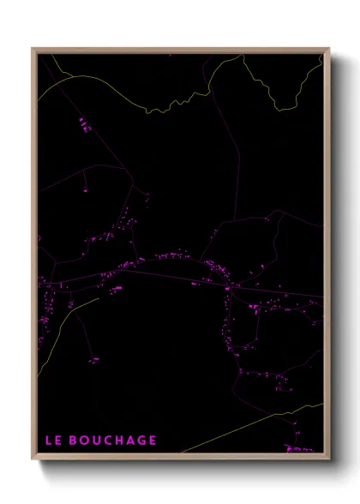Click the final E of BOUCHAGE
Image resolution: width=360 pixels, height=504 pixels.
pos(152,441)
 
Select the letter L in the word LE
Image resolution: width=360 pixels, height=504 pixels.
pos(48,441)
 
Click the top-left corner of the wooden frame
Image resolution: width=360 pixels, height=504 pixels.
pos(33,49)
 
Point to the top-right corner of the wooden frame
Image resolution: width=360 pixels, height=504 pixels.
pos(328,49)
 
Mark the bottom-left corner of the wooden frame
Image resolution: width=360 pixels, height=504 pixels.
pos(33,460)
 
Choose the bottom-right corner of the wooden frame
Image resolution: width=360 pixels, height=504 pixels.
pos(328,460)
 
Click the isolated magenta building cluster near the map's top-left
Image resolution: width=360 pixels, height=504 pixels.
pos(84,124)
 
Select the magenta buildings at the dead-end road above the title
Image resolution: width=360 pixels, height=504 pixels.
pos(93,361)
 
